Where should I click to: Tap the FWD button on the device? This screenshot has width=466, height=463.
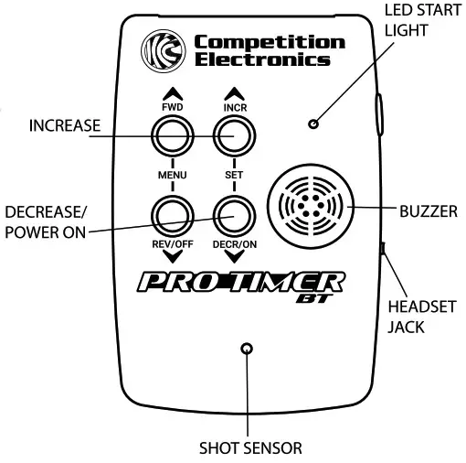pyautogui.click(x=172, y=136)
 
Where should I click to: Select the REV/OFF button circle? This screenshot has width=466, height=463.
pyautogui.click(x=172, y=216)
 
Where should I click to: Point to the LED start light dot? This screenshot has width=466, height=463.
pyautogui.click(x=313, y=124)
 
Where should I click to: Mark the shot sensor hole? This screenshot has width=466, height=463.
pyautogui.click(x=246, y=349)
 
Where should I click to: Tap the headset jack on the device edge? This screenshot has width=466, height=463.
pyautogui.click(x=383, y=248)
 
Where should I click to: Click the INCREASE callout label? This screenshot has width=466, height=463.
pyautogui.click(x=64, y=124)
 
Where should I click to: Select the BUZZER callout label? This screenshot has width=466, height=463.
pyautogui.click(x=428, y=211)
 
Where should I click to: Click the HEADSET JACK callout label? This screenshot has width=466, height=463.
pyautogui.click(x=415, y=317)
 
